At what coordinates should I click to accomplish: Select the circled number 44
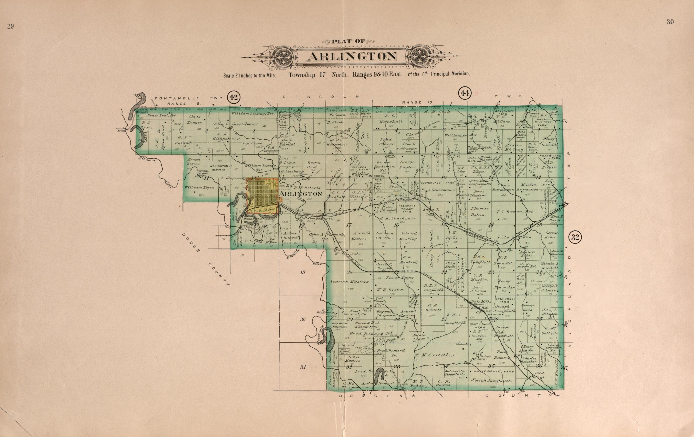click(x=464, y=93)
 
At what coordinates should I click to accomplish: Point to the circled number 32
click(x=575, y=237)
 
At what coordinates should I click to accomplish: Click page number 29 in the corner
click(x=10, y=27)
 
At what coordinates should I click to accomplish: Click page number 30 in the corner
click(x=670, y=22)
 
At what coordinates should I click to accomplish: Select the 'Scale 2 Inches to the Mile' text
click(x=250, y=76)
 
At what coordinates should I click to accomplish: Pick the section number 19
click(x=302, y=272)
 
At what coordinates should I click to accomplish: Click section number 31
click(x=303, y=367)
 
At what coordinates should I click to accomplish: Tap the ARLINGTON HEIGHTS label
click(x=219, y=168)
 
